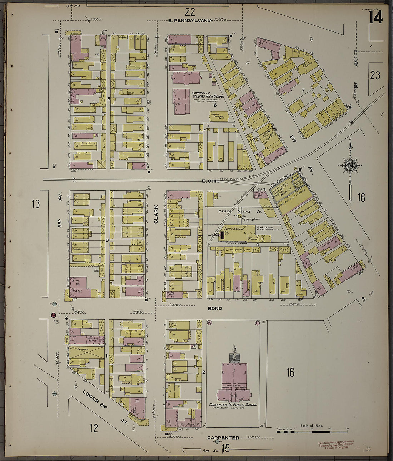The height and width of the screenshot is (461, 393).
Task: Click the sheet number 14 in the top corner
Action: [376, 17]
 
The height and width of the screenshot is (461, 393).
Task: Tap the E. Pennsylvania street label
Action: [190, 21]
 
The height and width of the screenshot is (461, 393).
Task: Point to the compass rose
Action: [350, 165]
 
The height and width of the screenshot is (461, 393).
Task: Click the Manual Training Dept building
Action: [219, 116]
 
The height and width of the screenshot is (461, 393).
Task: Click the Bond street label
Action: [215, 308]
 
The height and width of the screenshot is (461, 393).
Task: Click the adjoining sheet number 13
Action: [35, 204]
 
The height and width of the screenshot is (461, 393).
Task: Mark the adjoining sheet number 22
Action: [190, 13]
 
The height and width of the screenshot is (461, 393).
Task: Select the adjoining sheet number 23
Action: [375, 75]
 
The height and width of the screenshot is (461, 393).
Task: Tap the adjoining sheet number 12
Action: [94, 428]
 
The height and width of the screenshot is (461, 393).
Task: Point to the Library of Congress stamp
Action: [336, 445]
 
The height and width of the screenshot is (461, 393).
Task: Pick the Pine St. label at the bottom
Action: [210, 450]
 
